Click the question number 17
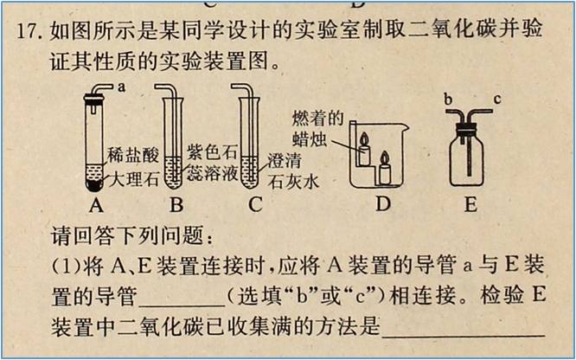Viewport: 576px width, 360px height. (28, 30)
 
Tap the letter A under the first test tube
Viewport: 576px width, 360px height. (96, 205)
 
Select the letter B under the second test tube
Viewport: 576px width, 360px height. (176, 205)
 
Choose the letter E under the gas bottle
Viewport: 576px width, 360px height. (470, 205)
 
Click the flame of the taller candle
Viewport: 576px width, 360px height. (363, 139)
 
